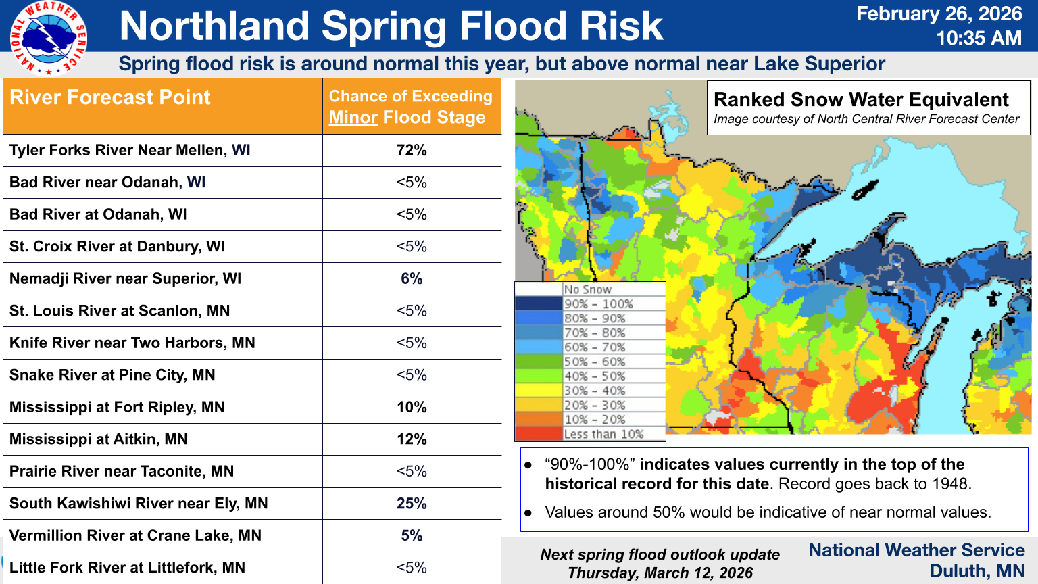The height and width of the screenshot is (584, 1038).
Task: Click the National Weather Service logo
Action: [48, 38]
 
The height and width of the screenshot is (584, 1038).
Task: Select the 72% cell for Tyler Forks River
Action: [412, 150]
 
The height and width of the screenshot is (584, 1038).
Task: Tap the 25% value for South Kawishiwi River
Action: [412, 504]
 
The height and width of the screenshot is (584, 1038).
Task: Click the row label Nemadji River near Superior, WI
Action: [125, 278]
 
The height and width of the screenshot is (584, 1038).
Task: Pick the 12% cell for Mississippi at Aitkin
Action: [412, 439]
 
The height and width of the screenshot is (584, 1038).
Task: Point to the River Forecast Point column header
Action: [110, 97]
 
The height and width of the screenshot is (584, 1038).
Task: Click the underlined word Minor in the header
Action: [353, 118]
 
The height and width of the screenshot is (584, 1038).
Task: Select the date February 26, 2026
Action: [939, 14]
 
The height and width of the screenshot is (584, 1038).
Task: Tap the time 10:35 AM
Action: [979, 38]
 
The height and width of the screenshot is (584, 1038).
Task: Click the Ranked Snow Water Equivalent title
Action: [861, 99]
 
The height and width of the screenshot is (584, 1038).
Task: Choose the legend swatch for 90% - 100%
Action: [539, 303]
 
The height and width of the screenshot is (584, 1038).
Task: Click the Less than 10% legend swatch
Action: [539, 434]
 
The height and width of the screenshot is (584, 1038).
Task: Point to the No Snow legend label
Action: [587, 289]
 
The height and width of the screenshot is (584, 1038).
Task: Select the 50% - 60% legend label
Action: [595, 362]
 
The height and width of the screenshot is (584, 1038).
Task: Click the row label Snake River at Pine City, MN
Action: [112, 375]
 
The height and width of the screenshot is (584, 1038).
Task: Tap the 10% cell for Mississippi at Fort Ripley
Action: [412, 407]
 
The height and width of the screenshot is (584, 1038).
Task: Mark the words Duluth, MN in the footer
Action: [977, 571]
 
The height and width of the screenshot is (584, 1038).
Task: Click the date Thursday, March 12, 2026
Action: [660, 573]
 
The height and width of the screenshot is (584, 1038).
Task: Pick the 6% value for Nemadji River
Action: [412, 278]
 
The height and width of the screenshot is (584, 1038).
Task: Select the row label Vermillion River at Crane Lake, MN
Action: [135, 535]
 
